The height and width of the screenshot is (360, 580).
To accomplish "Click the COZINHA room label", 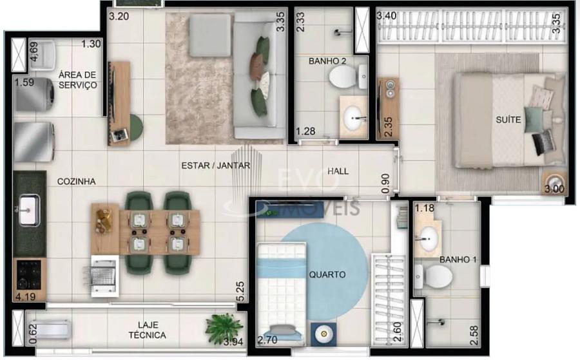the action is (76, 181).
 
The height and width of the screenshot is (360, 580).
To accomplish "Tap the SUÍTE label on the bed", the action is (508, 119).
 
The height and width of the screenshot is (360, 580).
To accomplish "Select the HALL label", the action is (338, 171).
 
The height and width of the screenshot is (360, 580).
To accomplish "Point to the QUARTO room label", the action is (327, 274).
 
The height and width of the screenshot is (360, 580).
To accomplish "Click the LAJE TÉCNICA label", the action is (147, 330).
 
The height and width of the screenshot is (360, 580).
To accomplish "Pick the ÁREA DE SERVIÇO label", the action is (78, 80).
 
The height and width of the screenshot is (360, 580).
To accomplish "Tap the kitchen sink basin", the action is (29, 210).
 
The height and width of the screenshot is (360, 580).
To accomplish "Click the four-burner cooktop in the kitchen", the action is (29, 274).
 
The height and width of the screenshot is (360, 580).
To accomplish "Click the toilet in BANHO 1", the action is (434, 276).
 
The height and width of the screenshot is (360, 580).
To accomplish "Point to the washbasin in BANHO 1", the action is (429, 238).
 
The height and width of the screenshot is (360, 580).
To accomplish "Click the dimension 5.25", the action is (240, 291).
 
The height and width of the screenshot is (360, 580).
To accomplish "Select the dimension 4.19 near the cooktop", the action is (26, 296).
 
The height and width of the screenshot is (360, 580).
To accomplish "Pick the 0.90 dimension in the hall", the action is (385, 184).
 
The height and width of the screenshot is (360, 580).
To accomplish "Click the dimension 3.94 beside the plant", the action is (233, 342).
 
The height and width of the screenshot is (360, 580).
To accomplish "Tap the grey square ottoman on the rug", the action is (209, 35).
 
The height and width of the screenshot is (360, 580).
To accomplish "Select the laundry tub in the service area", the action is (42, 55).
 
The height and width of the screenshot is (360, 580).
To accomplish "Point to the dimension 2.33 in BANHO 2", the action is (301, 22).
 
